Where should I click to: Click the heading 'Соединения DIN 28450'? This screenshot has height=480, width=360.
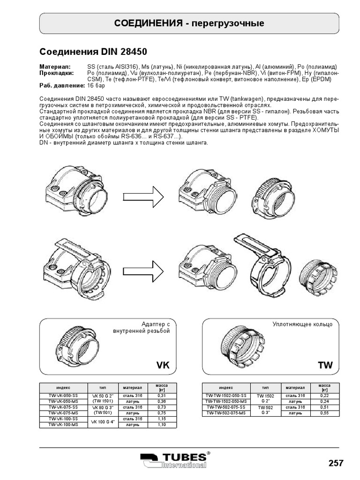96,51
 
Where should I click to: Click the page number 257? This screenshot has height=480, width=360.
336,463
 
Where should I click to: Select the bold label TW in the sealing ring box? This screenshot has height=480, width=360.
325,366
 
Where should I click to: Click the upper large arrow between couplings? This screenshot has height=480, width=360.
142,195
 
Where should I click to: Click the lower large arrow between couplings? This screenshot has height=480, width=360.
142,268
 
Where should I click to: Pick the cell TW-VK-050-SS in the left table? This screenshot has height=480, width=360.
63,396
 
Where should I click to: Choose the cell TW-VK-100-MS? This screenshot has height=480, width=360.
63,425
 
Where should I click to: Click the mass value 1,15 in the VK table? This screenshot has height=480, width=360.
161,419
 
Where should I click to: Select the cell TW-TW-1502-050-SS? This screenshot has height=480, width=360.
225,396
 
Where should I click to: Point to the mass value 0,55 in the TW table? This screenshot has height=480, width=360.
324,413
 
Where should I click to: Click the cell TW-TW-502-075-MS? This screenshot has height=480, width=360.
225,413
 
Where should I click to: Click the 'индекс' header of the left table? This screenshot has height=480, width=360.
63,388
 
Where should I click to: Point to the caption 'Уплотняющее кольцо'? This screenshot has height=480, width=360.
302,324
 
